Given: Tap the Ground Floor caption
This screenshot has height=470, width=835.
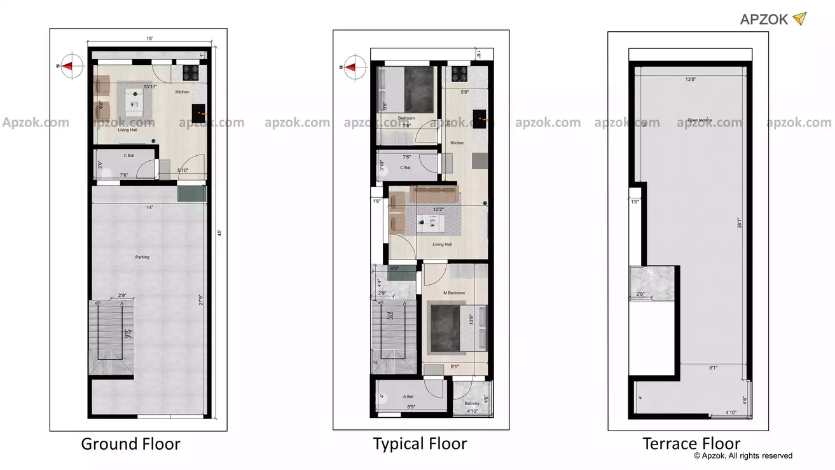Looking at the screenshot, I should (130, 444).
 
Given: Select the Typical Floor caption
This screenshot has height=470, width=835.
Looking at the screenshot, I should (420, 444).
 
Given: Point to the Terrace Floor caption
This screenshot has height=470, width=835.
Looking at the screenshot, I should (691, 443).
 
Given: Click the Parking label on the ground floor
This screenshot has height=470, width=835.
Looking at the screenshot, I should (142, 257).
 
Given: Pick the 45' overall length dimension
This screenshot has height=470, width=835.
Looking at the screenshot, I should (219, 233).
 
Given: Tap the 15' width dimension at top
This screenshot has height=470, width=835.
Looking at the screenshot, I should (149, 39).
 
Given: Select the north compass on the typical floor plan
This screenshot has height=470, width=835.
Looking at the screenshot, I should (354, 66).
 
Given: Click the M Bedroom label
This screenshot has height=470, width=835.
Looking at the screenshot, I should (453, 293).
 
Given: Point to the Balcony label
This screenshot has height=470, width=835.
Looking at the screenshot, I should (472, 403).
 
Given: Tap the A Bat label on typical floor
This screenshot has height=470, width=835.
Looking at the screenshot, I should (408, 396).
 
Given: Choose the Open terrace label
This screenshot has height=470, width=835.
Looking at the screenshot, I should (700, 120).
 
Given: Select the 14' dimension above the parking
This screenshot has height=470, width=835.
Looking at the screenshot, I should (149, 207).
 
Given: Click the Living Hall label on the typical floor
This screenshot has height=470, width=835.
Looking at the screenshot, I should (442, 244).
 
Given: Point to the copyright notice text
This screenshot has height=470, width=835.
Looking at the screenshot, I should (743, 455).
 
